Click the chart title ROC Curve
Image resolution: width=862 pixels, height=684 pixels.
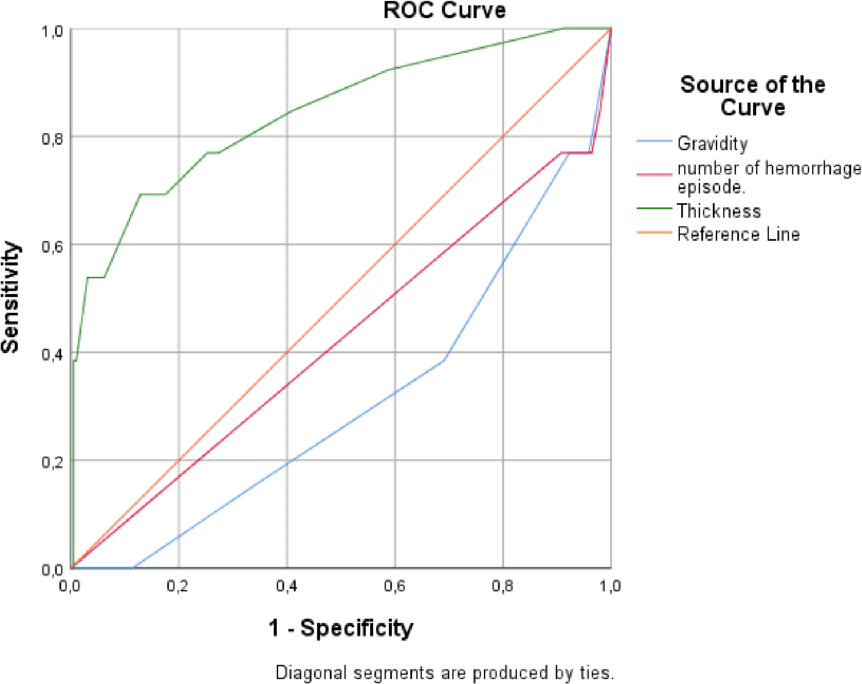coord(444,10)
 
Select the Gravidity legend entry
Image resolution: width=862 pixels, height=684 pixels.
coord(712,143)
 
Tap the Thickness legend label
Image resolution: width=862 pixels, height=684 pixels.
coord(719,211)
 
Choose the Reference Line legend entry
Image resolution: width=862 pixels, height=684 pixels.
coord(738,234)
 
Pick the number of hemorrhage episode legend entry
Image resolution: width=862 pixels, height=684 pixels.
coord(768,177)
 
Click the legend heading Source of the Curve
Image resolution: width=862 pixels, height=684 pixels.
coord(752,96)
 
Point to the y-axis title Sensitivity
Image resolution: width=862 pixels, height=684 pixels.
coord(11,297)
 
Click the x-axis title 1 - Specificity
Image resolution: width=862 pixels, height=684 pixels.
coord(341,627)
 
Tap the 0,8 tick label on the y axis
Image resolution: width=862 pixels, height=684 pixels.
coord(52,138)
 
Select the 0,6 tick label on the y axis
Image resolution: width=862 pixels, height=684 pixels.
coord(52,246)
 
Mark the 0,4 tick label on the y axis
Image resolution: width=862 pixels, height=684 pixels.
coord(52,354)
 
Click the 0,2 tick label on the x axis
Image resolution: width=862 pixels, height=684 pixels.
coord(178,586)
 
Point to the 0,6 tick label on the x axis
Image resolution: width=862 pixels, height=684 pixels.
coord(394,586)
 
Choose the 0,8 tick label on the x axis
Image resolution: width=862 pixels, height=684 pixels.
coord(502,586)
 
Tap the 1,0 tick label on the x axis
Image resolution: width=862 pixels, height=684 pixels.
coord(610,586)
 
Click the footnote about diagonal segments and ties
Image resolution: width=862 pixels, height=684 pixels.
coord(444,672)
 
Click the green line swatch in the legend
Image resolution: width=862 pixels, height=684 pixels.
coord(655,209)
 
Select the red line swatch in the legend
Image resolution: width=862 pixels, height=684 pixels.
coord(655,174)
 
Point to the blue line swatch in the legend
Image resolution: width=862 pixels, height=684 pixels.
coord(655,141)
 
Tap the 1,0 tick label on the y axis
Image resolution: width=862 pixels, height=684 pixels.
coord(52,30)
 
